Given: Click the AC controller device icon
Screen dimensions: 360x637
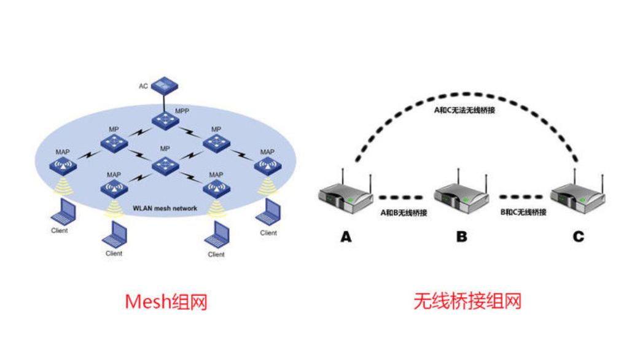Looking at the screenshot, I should pos(164,85).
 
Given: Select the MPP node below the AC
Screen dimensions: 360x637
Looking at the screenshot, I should pos(164,120).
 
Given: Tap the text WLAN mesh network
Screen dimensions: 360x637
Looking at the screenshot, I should pos(165,209).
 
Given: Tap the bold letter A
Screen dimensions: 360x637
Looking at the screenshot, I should pos(346,236).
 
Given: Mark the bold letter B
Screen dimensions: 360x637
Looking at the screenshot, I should pos(461,236).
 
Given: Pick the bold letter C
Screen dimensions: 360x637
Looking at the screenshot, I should pos(578,236).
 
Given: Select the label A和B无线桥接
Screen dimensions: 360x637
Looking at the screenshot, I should pos(404,212).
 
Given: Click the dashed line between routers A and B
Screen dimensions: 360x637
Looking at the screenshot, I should pos(401,198).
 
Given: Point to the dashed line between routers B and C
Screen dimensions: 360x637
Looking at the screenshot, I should pos(520,198).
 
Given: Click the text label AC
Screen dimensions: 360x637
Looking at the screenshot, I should pos(143,86).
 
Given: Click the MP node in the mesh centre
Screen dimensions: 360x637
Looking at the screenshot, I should pos(164,165).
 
